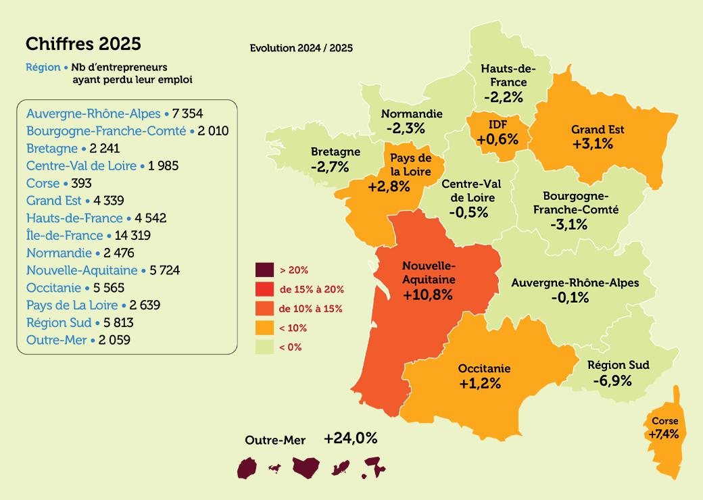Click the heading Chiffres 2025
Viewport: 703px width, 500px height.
pos(83,44)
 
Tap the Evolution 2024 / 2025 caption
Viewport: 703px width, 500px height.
pos(301,49)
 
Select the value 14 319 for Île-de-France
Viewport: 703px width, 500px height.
pos(128,236)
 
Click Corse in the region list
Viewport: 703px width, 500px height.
pos(43,183)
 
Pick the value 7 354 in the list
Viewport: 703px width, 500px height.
pos(188,113)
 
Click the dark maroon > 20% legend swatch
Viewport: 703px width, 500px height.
pos(264,270)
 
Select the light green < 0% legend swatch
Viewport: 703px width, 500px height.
pos(264,347)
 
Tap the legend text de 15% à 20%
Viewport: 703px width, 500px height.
pos(312,289)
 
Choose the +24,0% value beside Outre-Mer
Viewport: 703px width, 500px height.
pos(350,438)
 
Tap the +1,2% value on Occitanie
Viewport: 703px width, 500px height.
pos(479,384)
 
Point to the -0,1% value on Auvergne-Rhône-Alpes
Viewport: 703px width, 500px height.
pos(570,297)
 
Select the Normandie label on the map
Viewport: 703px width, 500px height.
pos(411,114)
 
